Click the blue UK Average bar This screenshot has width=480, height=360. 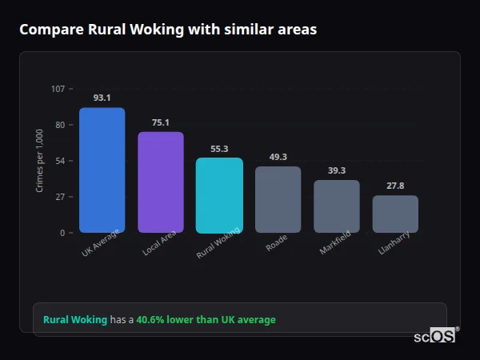pyautogui.click(x=102, y=170)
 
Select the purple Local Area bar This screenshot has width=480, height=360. pyautogui.click(x=160, y=182)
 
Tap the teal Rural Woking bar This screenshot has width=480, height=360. pyautogui.click(x=219, y=195)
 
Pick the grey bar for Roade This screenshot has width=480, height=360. pyautogui.click(x=278, y=200)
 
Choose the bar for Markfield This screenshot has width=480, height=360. pyautogui.click(x=336, y=206)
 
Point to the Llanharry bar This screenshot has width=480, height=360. pyautogui.click(x=395, y=214)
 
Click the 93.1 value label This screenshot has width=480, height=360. pyautogui.click(x=102, y=98)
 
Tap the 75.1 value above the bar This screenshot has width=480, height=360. pyautogui.click(x=160, y=122)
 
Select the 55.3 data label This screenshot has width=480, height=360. pyautogui.click(x=219, y=149)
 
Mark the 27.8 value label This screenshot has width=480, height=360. pyautogui.click(x=395, y=186)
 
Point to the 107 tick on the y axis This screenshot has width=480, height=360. pyautogui.click(x=58, y=89)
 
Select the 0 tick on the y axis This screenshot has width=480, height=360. pyautogui.click(x=62, y=233)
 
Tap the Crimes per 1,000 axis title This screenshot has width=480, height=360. pyautogui.click(x=40, y=160)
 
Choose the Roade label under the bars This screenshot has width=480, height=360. pyautogui.click(x=277, y=243)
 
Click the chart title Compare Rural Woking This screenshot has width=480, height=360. pyautogui.click(x=168, y=30)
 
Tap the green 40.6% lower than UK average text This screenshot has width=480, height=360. pyautogui.click(x=206, y=319)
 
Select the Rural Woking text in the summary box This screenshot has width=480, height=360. pyautogui.click(x=75, y=319)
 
